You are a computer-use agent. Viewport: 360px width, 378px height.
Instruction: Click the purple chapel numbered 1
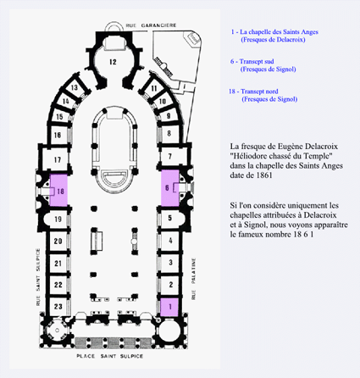point(169,307)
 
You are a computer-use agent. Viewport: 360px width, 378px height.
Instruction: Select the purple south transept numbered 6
point(170,187)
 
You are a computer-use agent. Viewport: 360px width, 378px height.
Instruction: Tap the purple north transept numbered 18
point(58,191)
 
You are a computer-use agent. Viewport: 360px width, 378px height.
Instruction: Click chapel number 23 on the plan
point(58,307)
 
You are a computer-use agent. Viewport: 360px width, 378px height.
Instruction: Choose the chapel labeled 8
point(169,133)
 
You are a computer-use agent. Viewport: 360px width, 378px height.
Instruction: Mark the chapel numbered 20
point(58,241)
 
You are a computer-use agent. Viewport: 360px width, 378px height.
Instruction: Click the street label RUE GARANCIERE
point(151,25)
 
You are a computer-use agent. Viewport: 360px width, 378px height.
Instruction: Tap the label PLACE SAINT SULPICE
point(110,356)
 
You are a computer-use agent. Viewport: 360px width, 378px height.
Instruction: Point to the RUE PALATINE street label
point(193,279)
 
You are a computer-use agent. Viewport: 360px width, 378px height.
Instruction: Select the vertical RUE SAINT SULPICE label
point(38,277)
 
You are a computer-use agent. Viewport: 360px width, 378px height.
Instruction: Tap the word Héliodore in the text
point(248,156)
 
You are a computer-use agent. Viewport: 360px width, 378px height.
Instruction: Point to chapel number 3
point(170,262)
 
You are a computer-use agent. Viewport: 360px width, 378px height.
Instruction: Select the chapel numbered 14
point(65,101)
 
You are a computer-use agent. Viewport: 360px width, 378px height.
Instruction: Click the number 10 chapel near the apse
point(163,101)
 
